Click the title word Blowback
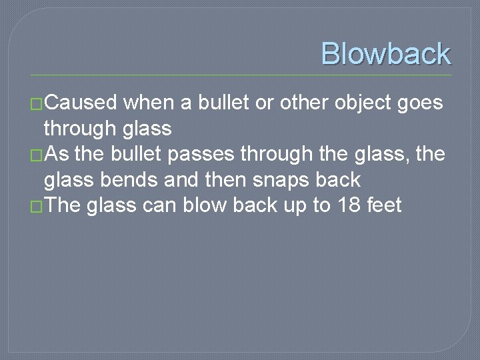tap(385, 53)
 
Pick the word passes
tap(202, 155)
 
